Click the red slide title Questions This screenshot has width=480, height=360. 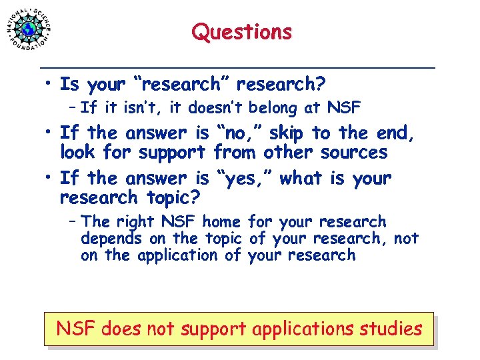tap(241, 32)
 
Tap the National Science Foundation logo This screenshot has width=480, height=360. tap(29, 29)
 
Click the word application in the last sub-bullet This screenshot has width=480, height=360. tap(181, 255)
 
